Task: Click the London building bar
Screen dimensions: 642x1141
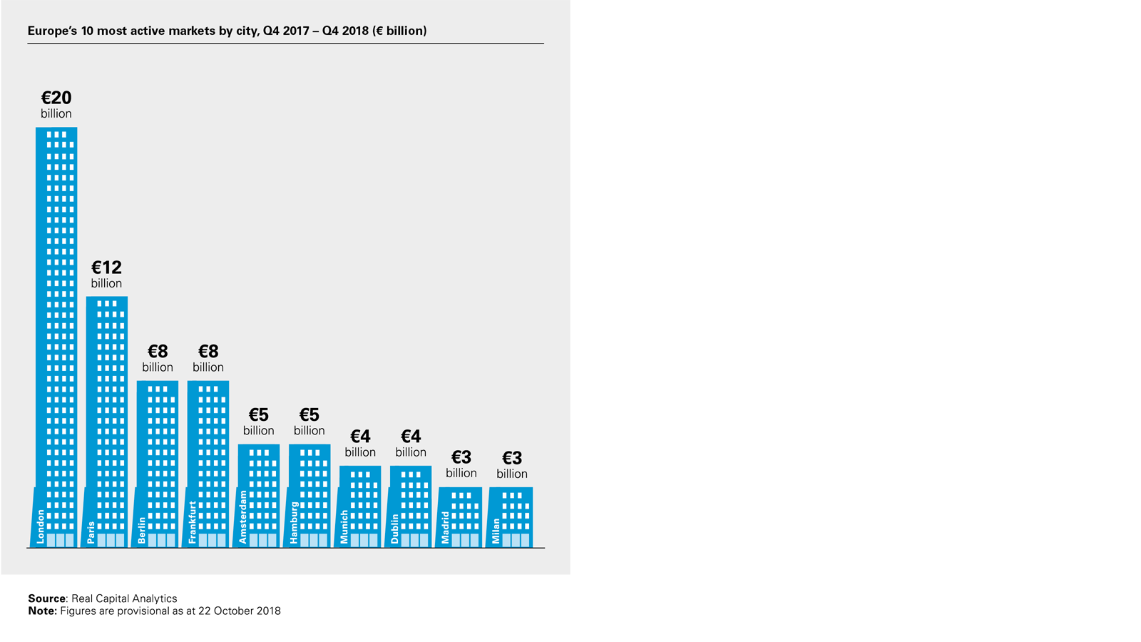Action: point(56,335)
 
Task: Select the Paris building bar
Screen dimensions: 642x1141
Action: point(107,421)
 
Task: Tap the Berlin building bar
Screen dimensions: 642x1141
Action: point(158,464)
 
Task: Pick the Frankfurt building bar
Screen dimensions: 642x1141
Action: point(208,464)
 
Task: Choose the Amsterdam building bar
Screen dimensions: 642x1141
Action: point(259,496)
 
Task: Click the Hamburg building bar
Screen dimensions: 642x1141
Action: point(309,496)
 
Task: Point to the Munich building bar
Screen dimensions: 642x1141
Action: point(360,506)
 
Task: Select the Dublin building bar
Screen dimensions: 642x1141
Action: point(411,506)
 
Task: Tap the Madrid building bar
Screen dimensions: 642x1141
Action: point(461,517)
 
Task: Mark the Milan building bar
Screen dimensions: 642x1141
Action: point(512,517)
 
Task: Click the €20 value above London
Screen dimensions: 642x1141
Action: point(56,98)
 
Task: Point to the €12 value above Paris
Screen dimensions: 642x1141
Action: point(106,267)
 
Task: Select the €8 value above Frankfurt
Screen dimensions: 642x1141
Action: point(208,351)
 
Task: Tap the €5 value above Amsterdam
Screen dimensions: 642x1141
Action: point(258,414)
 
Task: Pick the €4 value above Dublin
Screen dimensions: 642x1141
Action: point(411,436)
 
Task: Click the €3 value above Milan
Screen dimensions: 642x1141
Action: point(512,457)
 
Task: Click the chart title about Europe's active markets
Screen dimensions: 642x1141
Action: point(227,31)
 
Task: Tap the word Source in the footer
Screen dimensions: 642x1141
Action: point(46,598)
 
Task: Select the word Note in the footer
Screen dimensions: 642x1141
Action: point(42,611)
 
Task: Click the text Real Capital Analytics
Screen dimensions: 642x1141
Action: point(124,598)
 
